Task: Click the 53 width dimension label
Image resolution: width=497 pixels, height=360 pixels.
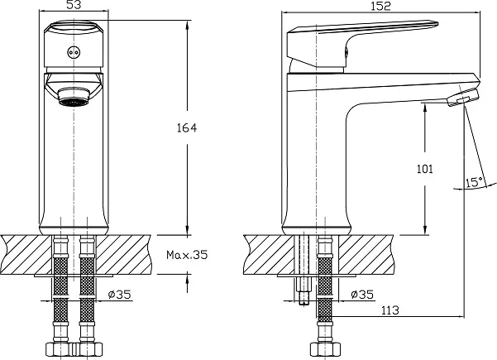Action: coord(74,4)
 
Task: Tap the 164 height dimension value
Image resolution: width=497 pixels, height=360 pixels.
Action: coord(187,127)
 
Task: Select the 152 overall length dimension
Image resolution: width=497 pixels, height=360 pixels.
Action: coord(380,6)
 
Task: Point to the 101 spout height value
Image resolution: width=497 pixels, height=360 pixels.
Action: coord(425,169)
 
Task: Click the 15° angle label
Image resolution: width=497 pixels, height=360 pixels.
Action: coord(475,182)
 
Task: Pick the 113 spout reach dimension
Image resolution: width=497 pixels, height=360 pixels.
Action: coord(389,310)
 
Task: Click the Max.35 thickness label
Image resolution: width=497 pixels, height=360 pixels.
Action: coord(187,254)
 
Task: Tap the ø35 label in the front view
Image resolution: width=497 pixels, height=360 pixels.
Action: coord(120,295)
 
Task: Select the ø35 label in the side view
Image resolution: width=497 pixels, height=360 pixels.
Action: coord(362,295)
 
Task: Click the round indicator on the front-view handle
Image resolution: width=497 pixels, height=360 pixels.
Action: coord(74,53)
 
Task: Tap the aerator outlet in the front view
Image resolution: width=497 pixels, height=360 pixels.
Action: coord(74,97)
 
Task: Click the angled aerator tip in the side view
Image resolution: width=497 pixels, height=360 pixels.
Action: coord(463,98)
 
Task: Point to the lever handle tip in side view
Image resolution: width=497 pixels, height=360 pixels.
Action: coord(436,24)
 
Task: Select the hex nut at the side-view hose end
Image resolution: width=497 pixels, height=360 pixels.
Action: coord(325,349)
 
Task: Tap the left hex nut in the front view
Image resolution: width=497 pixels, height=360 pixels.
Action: coord(60,349)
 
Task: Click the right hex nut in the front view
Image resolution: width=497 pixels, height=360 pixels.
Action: coord(88,349)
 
